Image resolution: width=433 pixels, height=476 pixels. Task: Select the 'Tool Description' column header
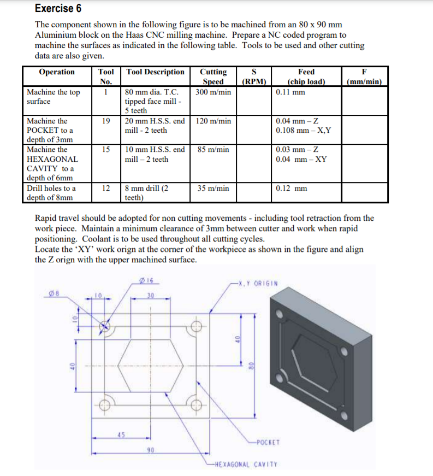click(156, 72)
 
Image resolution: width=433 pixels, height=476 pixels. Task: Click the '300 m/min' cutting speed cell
click(213, 92)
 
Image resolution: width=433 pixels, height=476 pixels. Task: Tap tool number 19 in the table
click(106, 121)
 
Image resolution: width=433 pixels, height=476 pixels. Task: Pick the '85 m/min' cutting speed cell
click(213, 149)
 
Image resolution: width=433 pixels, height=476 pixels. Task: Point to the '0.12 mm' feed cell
click(292, 189)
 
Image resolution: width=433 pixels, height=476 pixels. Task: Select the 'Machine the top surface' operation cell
click(53, 97)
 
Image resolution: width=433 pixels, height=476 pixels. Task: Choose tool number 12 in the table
click(106, 189)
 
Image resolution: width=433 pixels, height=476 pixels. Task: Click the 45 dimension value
click(121, 436)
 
